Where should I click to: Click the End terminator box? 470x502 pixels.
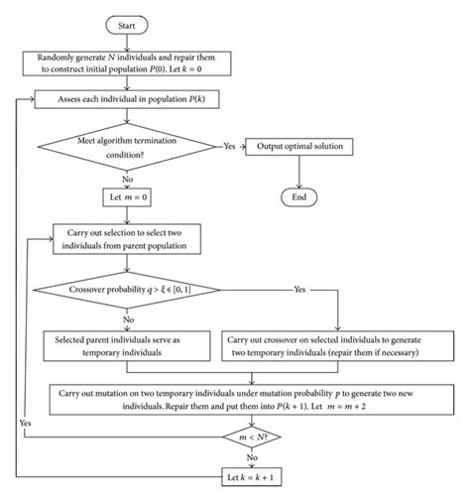(x=298, y=196)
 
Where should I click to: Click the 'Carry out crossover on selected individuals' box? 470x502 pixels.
(x=337, y=345)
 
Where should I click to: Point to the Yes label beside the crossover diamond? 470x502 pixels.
(x=297, y=291)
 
